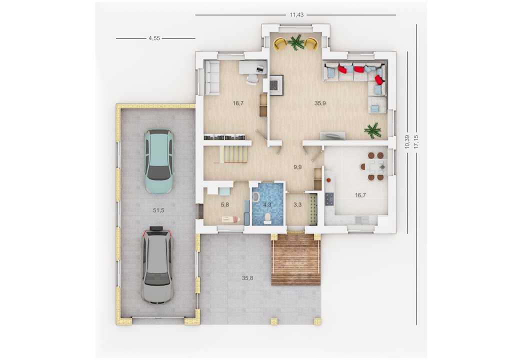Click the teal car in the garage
pyautogui.click(x=159, y=161)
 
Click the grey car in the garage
pyautogui.click(x=157, y=265)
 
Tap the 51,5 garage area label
pyautogui.click(x=158, y=210)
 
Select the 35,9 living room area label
pyautogui.click(x=320, y=103)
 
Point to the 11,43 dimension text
pyautogui.click(x=296, y=14)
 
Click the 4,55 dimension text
pyautogui.click(x=154, y=38)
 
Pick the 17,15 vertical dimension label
pyautogui.click(x=416, y=142)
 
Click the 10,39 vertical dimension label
pyautogui.click(x=407, y=142)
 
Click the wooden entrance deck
pyautogui.click(x=296, y=259)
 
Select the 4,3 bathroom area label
pyautogui.click(x=267, y=205)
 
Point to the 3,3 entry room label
pyautogui.click(x=297, y=205)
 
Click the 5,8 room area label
pyautogui.click(x=224, y=205)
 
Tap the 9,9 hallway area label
pyautogui.click(x=297, y=167)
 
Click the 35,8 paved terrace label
pyautogui.click(x=247, y=278)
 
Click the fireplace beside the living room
pyautogui.click(x=276, y=85)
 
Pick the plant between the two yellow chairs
pyautogui.click(x=295, y=42)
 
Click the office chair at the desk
pyautogui.click(x=252, y=78)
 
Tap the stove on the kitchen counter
pyautogui.click(x=329, y=199)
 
